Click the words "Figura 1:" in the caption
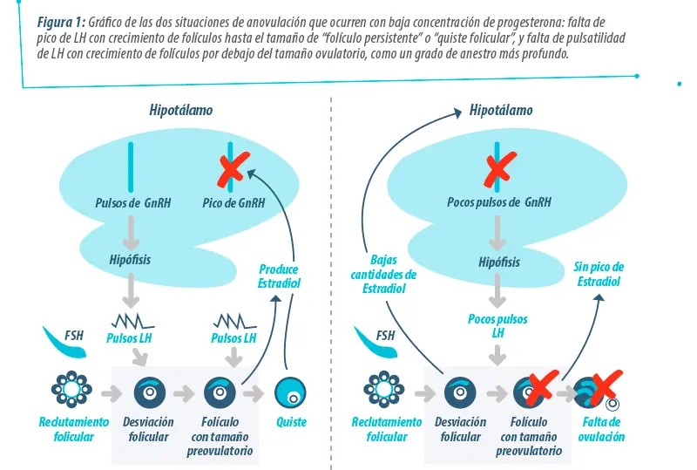[x=61, y=22]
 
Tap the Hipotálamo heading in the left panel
[x=181, y=111]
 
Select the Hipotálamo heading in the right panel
[x=501, y=111]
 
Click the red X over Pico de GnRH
[x=233, y=168]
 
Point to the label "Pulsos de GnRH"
[x=133, y=203]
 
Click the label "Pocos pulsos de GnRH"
[x=498, y=202]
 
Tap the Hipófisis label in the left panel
[x=130, y=260]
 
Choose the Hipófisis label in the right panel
[x=499, y=262]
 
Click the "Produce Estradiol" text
[x=279, y=276]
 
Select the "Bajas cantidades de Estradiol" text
[x=383, y=274]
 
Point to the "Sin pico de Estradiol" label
[x=599, y=274]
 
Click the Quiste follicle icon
[x=290, y=392]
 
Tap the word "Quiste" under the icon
[x=291, y=422]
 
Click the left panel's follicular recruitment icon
[x=71, y=389]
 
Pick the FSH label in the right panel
[x=385, y=335]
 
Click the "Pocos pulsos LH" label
[x=497, y=326]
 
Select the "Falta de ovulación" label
[x=601, y=429]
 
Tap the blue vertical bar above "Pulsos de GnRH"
[x=131, y=167]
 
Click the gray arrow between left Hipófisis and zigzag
[x=131, y=290]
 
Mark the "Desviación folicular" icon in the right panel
[x=460, y=393]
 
